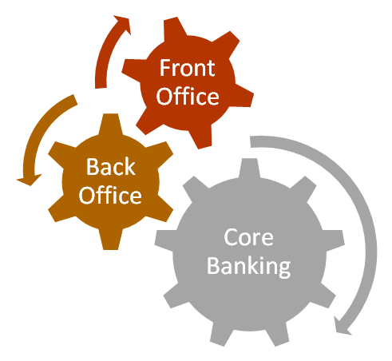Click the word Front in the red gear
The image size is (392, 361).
click(x=187, y=68)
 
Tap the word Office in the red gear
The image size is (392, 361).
click(x=188, y=96)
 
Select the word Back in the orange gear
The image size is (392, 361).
click(x=111, y=166)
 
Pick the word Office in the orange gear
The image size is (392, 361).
click(x=110, y=195)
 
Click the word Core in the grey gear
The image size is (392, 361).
click(x=248, y=237)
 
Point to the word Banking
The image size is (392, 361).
click(x=249, y=266)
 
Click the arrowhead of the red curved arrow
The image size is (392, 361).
click(x=122, y=25)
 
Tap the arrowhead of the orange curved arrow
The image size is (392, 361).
click(x=30, y=180)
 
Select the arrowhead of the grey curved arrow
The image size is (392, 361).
click(x=343, y=327)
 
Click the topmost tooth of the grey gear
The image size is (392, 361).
click(x=249, y=168)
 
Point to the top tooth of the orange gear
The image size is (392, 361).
click(x=110, y=124)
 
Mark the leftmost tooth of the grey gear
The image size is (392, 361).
click(x=164, y=241)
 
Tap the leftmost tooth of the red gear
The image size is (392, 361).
click(x=132, y=69)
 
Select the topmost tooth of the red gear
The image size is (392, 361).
click(x=174, y=26)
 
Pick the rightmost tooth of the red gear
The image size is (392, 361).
click(x=244, y=96)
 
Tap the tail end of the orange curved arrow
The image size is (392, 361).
click(x=75, y=100)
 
